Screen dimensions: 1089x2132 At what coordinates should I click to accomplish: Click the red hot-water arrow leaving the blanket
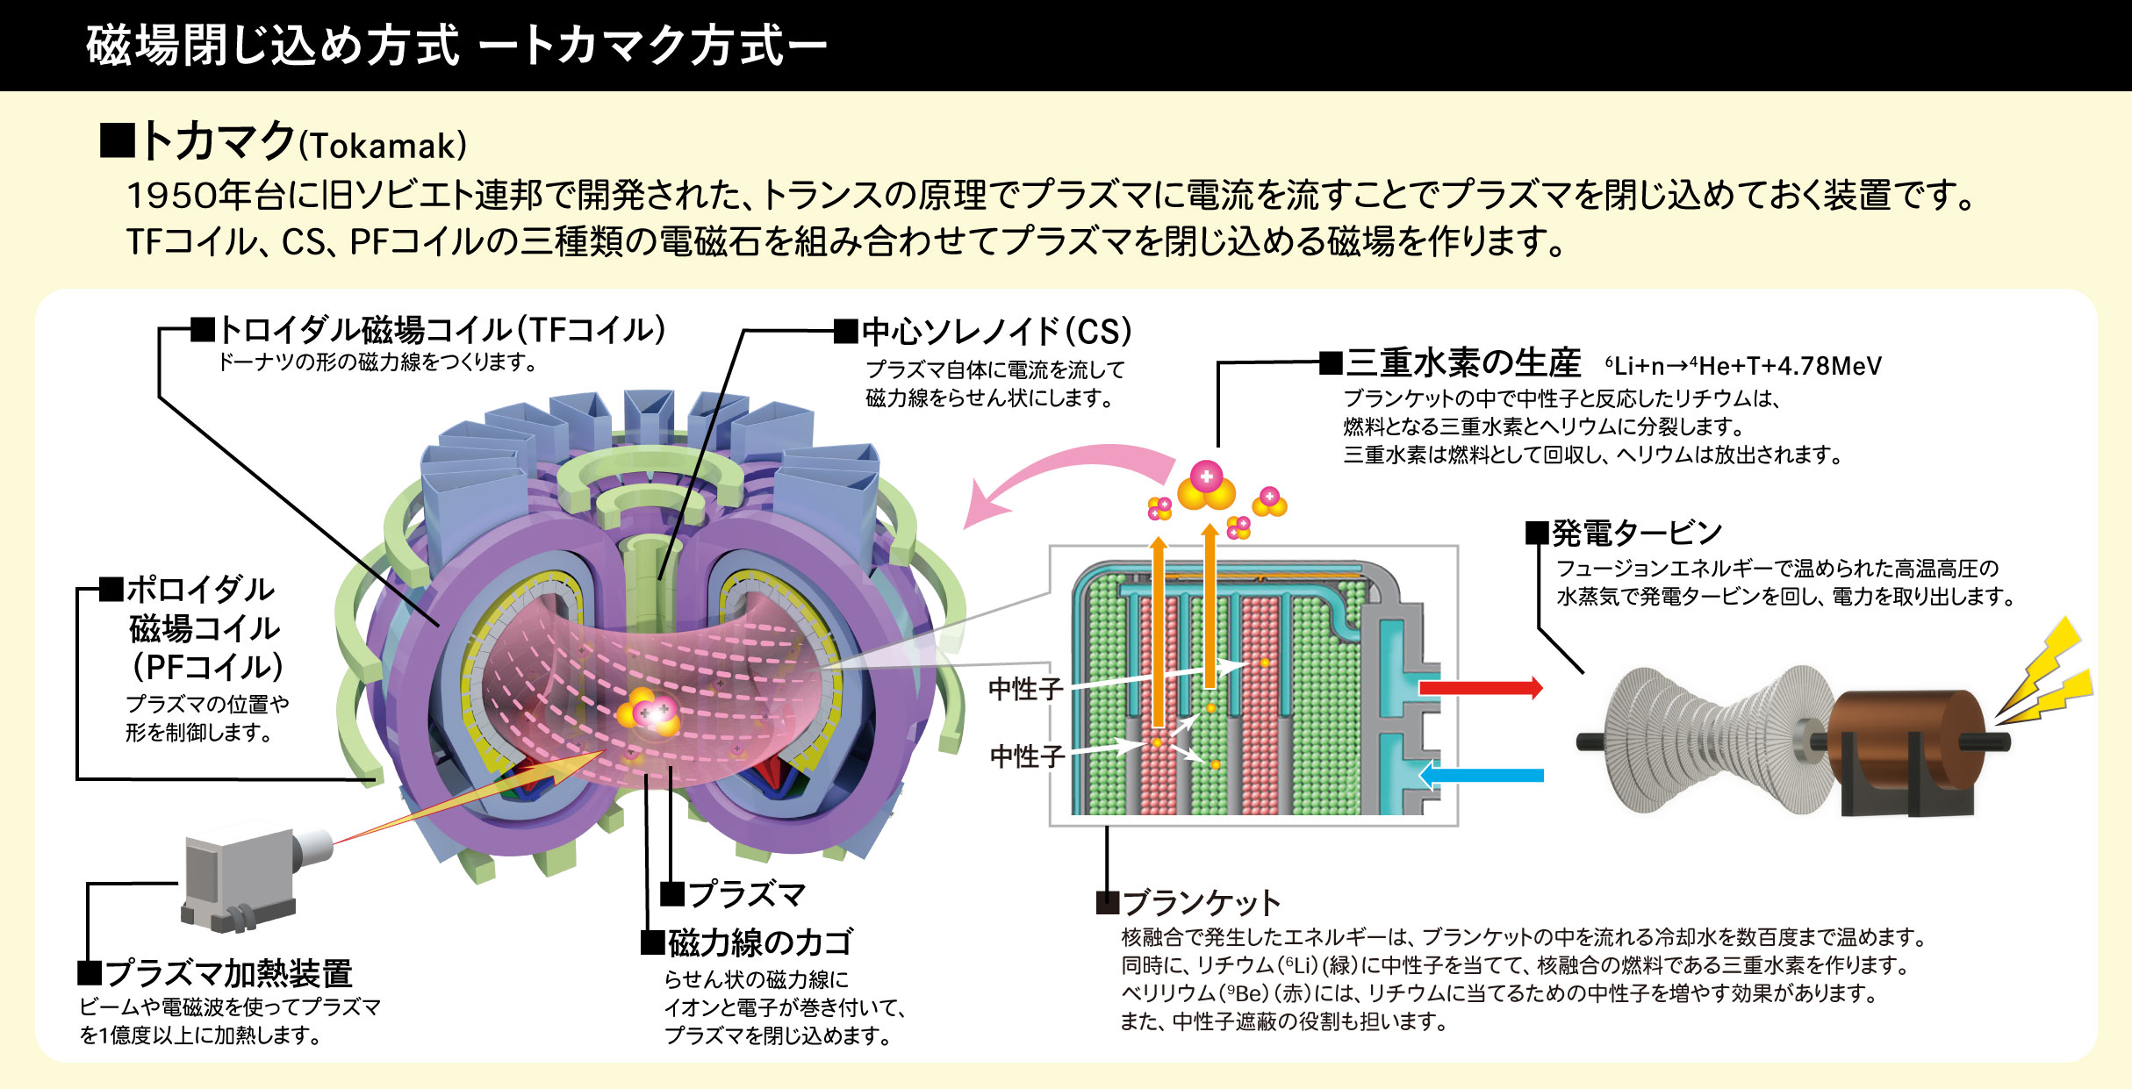(1480, 687)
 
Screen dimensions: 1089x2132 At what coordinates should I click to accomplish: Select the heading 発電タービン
(1637, 533)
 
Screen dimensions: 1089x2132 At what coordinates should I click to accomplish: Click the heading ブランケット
(1202, 902)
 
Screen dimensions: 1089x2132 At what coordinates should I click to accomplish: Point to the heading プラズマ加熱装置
(228, 973)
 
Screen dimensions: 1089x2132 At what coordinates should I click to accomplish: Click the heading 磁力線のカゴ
(760, 942)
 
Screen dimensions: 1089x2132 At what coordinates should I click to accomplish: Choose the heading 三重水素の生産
(1463, 362)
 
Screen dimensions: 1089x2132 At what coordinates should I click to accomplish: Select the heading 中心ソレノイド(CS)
(996, 332)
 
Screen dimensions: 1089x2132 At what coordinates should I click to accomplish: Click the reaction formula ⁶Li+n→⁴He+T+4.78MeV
(1743, 366)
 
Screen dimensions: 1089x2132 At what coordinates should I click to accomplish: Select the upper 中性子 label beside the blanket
(1025, 689)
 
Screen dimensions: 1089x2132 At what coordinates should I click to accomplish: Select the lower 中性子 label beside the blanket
(1027, 756)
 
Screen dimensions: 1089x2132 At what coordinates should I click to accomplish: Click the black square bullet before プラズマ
(672, 894)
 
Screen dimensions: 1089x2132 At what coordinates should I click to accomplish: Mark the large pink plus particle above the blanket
(1207, 476)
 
